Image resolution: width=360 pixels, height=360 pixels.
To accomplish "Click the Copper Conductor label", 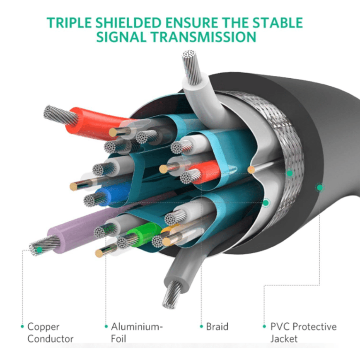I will [x=50, y=333].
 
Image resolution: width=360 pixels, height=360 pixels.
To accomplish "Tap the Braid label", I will [x=217, y=327].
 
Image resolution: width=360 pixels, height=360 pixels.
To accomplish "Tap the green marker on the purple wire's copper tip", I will [x=39, y=250].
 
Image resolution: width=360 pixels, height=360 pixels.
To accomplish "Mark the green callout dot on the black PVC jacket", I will [x=319, y=188].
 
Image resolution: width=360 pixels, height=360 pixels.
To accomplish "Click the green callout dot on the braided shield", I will [x=290, y=173].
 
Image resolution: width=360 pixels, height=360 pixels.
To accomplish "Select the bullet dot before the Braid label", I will [x=201, y=327].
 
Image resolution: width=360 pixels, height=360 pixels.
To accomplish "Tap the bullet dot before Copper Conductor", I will [x=22, y=327].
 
